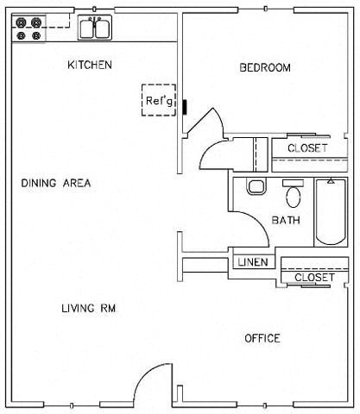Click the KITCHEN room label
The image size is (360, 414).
pyautogui.click(x=90, y=66)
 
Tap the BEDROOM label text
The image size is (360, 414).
pyautogui.click(x=264, y=68)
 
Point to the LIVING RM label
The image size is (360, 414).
pyautogui.click(x=88, y=308)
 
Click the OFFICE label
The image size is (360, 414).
pyautogui.click(x=262, y=338)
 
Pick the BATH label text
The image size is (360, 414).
pyautogui.click(x=286, y=221)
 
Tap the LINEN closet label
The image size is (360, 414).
pyautogui.click(x=252, y=262)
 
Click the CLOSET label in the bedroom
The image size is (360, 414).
pyautogui.click(x=307, y=148)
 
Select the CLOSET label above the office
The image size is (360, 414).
pyautogui.click(x=313, y=278)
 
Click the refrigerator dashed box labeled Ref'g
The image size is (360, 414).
pyautogui.click(x=160, y=100)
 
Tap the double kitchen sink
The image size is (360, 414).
pyautogui.click(x=94, y=28)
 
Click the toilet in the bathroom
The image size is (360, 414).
pyautogui.click(x=256, y=186)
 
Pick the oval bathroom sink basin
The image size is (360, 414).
pyautogui.click(x=293, y=197)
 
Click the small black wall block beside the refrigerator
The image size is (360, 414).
pyautogui.click(x=184, y=106)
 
